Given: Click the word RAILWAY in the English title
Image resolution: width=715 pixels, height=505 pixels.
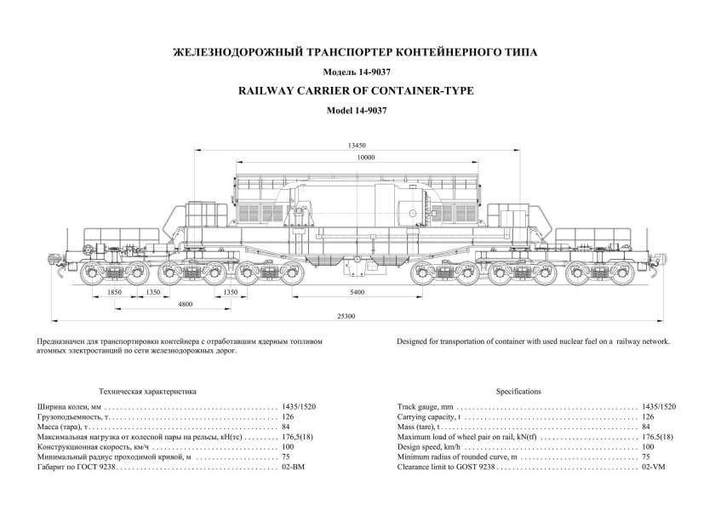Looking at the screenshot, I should click(271, 90).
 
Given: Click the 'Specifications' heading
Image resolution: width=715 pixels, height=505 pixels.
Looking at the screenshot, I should click(518, 391).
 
